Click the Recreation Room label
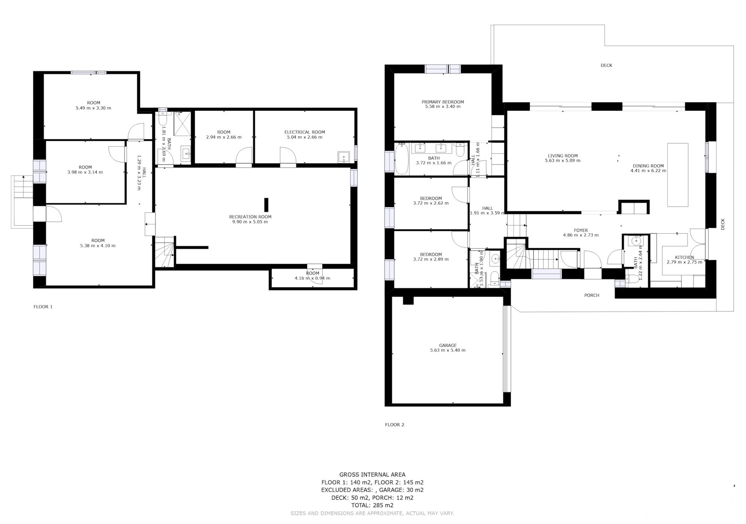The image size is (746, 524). click(x=250, y=217)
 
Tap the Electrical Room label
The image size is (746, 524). click(x=305, y=132)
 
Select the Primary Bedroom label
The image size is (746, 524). click(x=443, y=102)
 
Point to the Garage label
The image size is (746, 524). click(x=448, y=345)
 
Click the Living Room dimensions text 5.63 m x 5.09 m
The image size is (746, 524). click(x=563, y=160)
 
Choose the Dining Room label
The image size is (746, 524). click(x=648, y=166)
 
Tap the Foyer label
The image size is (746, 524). click(x=581, y=230)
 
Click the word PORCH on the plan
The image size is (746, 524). click(x=592, y=295)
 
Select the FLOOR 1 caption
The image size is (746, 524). click(x=43, y=307)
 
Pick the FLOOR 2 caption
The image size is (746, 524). click(x=394, y=425)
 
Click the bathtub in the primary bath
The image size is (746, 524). click(x=401, y=159)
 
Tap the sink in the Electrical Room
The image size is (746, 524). click(x=343, y=157)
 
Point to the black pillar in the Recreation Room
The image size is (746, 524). click(x=266, y=205)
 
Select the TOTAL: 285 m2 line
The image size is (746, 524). click(x=372, y=505)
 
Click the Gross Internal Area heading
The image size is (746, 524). click(x=372, y=474)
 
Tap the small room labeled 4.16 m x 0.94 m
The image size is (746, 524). click(x=313, y=278)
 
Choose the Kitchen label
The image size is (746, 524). click(x=684, y=257)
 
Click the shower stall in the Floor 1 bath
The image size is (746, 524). click(x=182, y=124)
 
